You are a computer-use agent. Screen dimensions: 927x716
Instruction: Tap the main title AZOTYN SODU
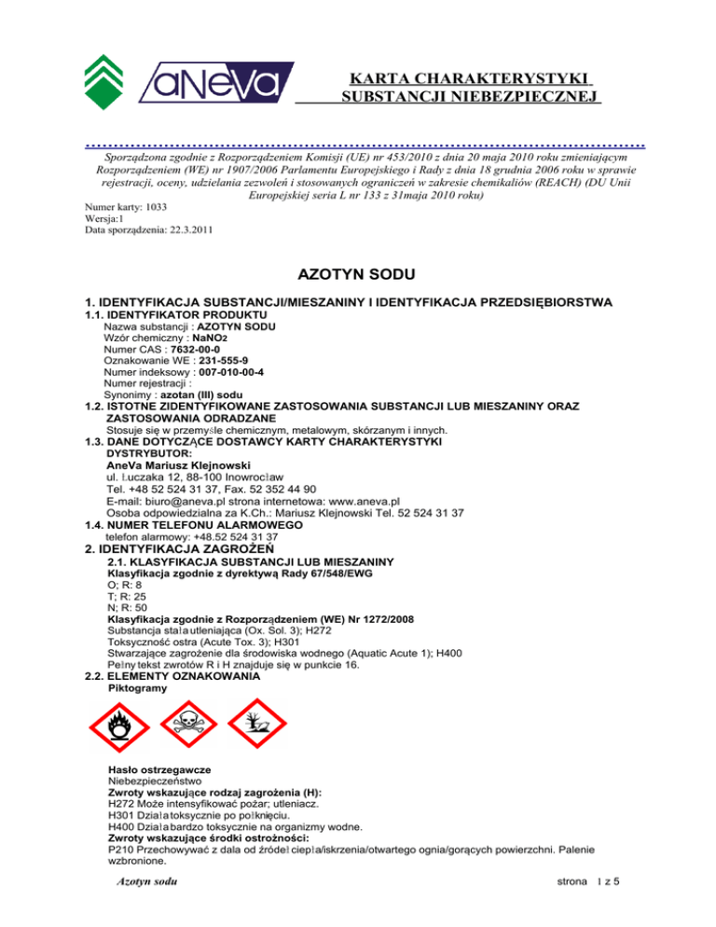coord(357,276)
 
